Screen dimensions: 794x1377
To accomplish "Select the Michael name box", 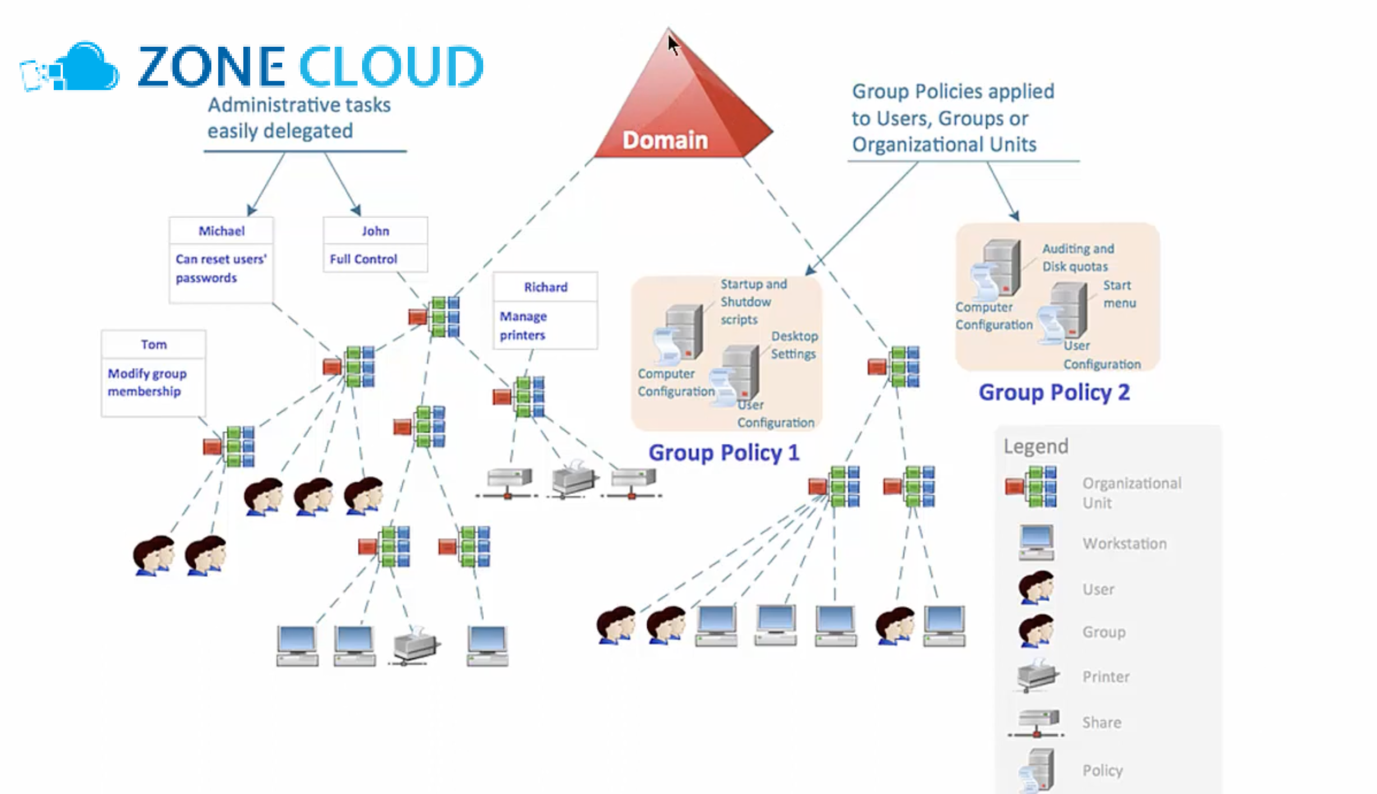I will (221, 231).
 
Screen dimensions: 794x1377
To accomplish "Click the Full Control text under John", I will (363, 259).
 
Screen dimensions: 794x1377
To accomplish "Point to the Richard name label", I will (545, 287).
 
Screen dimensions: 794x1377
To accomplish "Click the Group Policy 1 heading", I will (723, 453).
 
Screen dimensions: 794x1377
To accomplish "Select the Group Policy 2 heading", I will (1054, 392).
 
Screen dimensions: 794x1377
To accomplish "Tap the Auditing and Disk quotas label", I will (1077, 257).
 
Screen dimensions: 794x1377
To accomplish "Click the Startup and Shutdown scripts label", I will (753, 302).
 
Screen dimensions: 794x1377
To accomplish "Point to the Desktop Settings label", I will (794, 345).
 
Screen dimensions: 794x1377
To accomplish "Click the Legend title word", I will (1035, 446).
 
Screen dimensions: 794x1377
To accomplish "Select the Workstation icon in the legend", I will (1035, 542).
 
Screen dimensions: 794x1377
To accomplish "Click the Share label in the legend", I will (1102, 723).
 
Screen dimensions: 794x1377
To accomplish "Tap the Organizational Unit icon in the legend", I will (1031, 487).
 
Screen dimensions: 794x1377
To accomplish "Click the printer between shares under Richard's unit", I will (573, 478).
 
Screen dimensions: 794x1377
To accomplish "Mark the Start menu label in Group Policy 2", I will (1118, 294).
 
